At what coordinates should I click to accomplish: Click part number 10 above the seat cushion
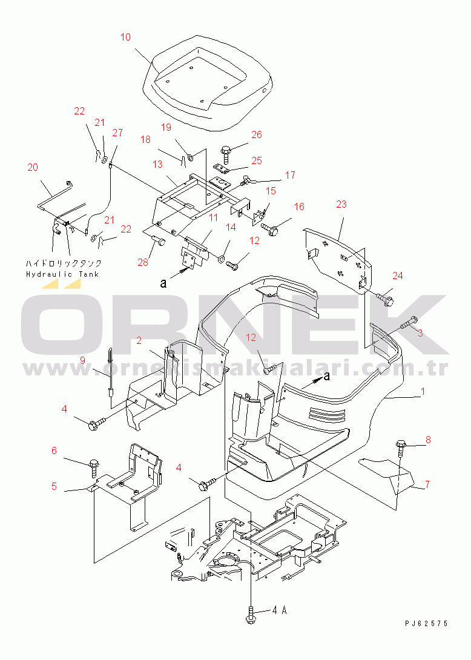pos(125,38)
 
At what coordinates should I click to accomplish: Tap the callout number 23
pos(341,204)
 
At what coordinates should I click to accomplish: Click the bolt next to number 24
pos(386,299)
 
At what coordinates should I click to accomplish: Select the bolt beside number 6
pos(94,466)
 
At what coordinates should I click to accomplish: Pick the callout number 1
pos(423,392)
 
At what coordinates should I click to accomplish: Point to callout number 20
pos(32,167)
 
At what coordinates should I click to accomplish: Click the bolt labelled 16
pos(271,228)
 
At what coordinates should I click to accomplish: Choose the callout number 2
pos(139,340)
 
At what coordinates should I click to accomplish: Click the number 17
pos(290,175)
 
